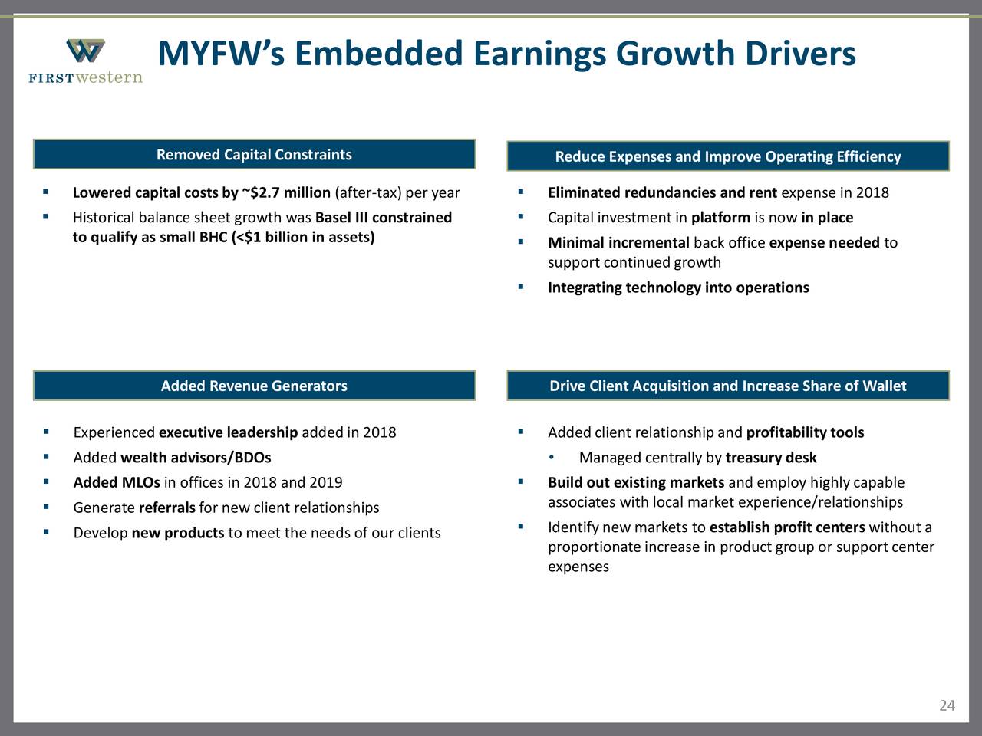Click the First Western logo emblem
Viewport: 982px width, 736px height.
[85, 52]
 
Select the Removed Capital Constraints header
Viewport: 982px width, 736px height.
[254, 155]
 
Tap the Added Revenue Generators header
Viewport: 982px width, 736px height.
[254, 386]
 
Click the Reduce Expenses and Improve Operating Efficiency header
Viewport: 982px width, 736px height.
[727, 157]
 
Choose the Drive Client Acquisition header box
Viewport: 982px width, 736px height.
[727, 386]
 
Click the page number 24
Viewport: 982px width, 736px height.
[947, 705]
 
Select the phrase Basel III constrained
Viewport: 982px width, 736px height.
[384, 218]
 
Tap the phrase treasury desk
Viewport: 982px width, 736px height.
[770, 458]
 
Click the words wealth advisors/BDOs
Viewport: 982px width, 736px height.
[196, 458]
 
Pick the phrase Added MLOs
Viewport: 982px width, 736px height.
[117, 483]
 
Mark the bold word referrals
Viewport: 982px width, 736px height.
[166, 508]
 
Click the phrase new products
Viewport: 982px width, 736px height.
[178, 534]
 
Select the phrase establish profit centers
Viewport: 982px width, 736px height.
[787, 527]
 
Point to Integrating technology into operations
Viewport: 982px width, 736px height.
[678, 288]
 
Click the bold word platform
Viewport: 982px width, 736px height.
[720, 218]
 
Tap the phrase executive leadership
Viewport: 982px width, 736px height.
[228, 433]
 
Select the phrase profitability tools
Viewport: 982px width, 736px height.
[805, 433]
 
